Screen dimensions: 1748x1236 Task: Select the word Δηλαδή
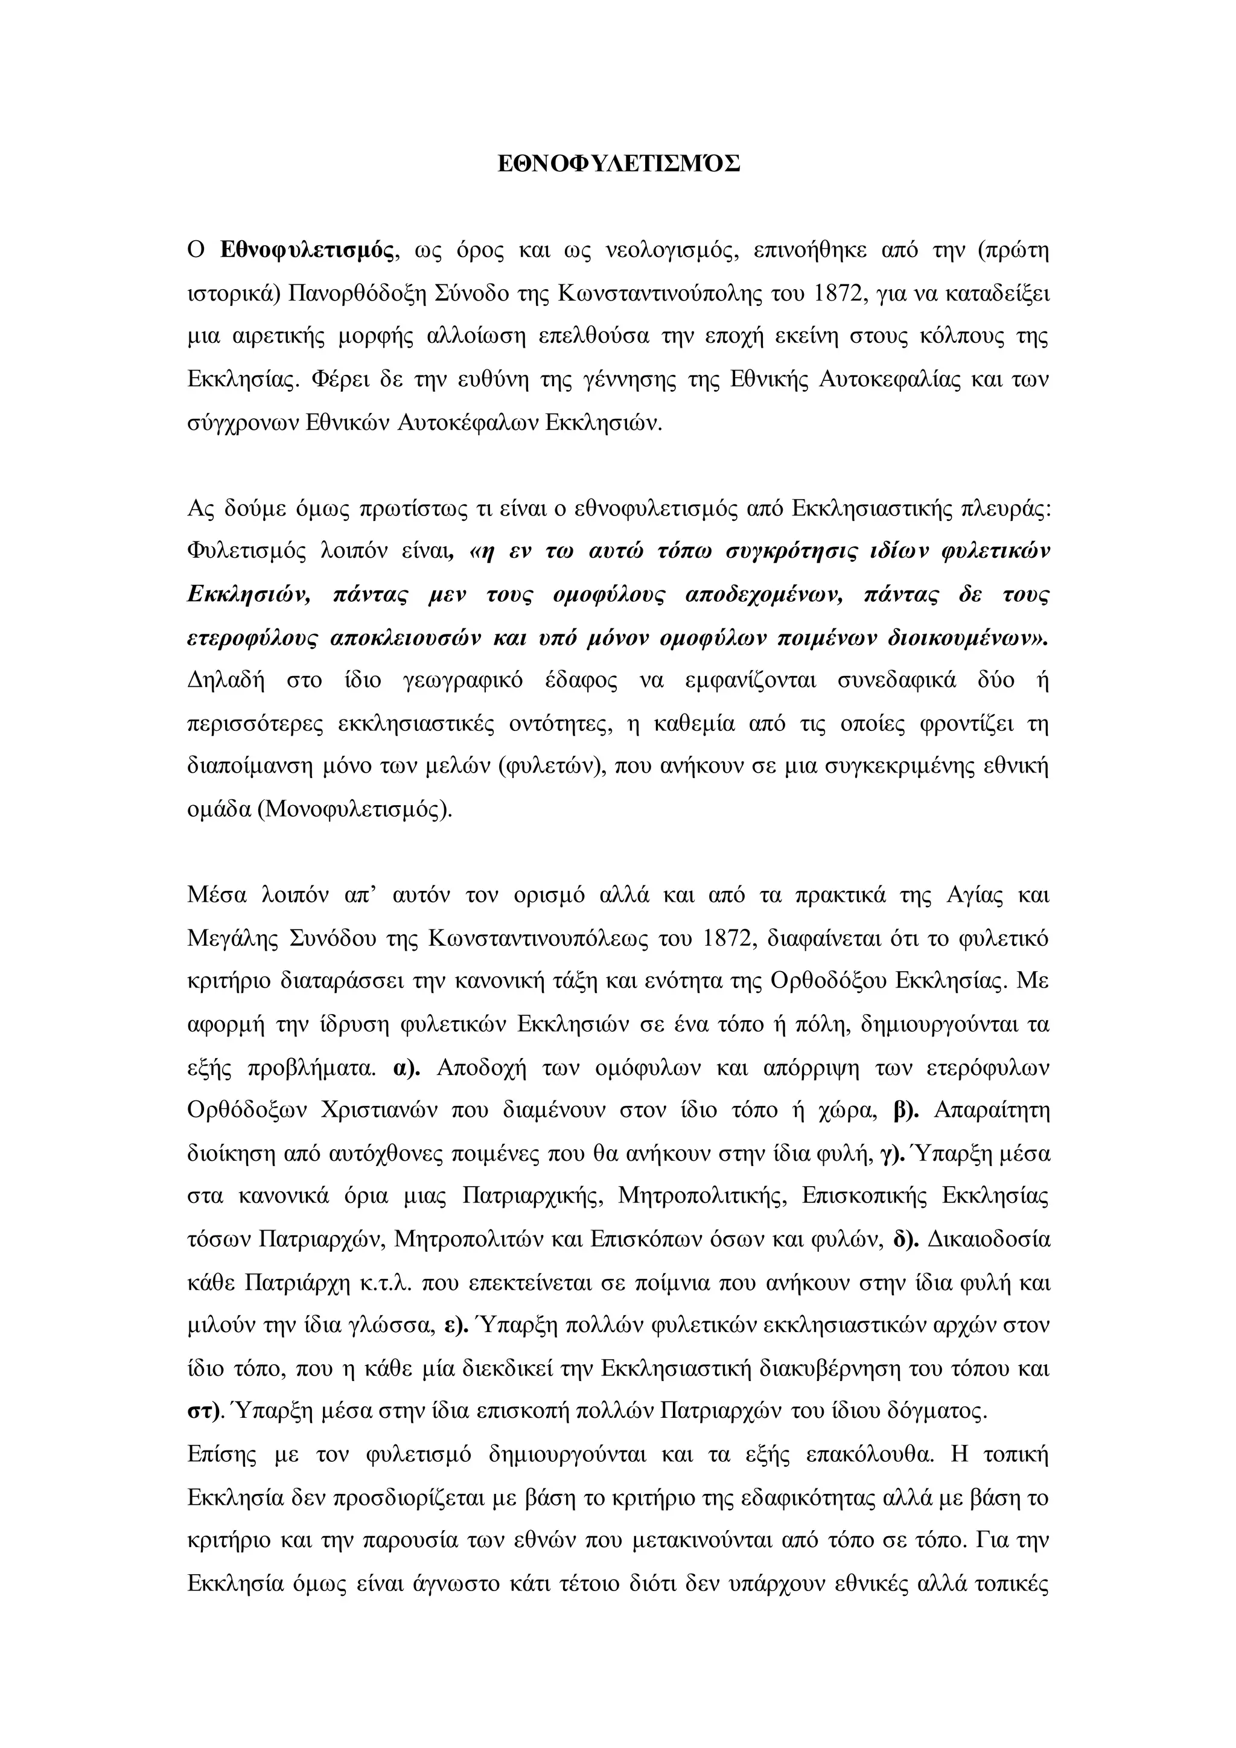point(225,681)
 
